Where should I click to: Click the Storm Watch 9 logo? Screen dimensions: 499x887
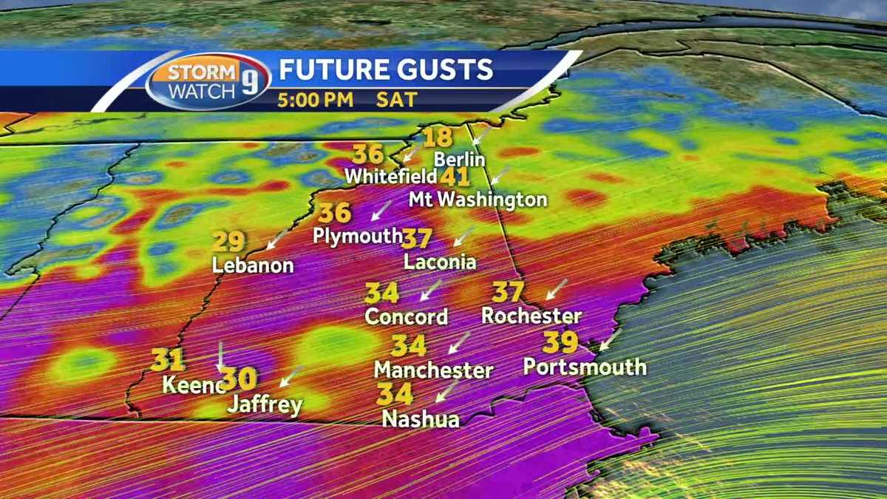tap(208, 81)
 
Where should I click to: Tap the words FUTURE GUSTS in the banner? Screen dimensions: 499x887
tap(385, 69)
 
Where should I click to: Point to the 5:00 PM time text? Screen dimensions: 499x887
tap(316, 100)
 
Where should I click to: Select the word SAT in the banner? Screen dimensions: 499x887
tap(397, 100)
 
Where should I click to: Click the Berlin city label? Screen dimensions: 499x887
tap(459, 159)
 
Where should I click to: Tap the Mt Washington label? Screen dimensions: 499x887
tap(478, 200)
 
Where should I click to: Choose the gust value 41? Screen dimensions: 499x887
tap(455, 178)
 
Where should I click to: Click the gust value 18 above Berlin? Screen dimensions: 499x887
tap(438, 138)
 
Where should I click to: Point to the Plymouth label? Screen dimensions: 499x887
tap(358, 236)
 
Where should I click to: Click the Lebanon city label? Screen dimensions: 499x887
tap(253, 265)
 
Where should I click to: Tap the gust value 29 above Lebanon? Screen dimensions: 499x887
tap(228, 242)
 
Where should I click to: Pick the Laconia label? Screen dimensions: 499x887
tap(440, 262)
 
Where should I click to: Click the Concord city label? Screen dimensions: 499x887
tap(407, 317)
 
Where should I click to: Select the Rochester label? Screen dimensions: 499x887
tap(531, 316)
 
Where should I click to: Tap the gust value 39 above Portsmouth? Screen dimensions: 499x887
tap(560, 343)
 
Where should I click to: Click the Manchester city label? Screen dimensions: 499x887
tap(433, 370)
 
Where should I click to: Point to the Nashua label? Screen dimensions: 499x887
tap(421, 419)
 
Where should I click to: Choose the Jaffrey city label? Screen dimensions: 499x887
tap(265, 404)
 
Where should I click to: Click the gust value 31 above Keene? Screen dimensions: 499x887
tap(167, 361)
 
